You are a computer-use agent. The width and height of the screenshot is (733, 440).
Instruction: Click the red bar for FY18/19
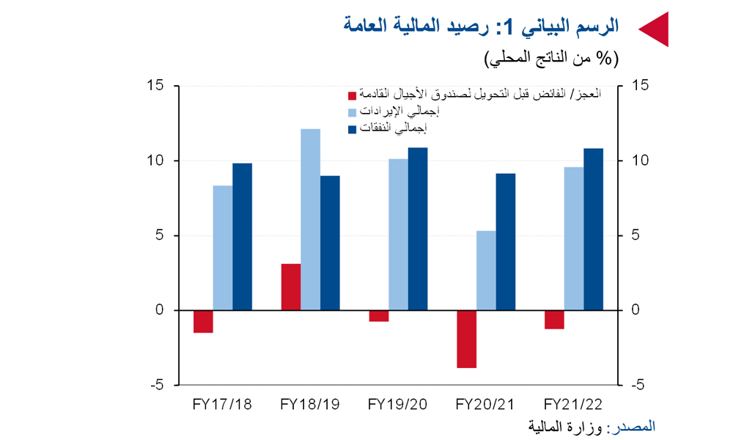[291, 287]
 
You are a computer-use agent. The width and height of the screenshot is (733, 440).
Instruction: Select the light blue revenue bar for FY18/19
[310, 219]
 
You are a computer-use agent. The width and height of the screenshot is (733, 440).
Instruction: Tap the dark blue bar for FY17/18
[242, 237]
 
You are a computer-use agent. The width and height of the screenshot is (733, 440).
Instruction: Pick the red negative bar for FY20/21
[466, 339]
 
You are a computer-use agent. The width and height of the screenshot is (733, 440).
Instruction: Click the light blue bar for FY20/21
[486, 271]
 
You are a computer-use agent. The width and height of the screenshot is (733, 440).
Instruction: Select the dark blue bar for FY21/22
[593, 229]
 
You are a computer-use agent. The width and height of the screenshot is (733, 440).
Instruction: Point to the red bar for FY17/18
[203, 321]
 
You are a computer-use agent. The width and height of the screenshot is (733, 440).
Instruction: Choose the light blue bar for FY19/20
[398, 234]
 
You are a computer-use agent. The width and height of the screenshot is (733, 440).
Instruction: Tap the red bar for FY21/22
[554, 319]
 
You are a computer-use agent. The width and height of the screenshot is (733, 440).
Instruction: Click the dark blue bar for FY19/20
[418, 229]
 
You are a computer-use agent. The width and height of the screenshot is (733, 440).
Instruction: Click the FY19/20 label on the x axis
[397, 404]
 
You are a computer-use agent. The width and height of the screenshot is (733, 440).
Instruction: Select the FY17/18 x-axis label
[222, 404]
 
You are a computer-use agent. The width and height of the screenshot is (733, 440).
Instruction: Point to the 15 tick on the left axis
[155, 85]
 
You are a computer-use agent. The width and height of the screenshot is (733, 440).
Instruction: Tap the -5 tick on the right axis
[637, 385]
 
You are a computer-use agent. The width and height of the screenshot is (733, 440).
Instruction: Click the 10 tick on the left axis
[155, 161]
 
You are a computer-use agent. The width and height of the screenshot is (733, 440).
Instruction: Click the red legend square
[352, 95]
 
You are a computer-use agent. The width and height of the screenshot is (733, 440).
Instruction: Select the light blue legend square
[352, 112]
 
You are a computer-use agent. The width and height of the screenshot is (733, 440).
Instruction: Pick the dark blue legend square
[352, 129]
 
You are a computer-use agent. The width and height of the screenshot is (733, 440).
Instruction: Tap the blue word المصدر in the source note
[637, 427]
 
